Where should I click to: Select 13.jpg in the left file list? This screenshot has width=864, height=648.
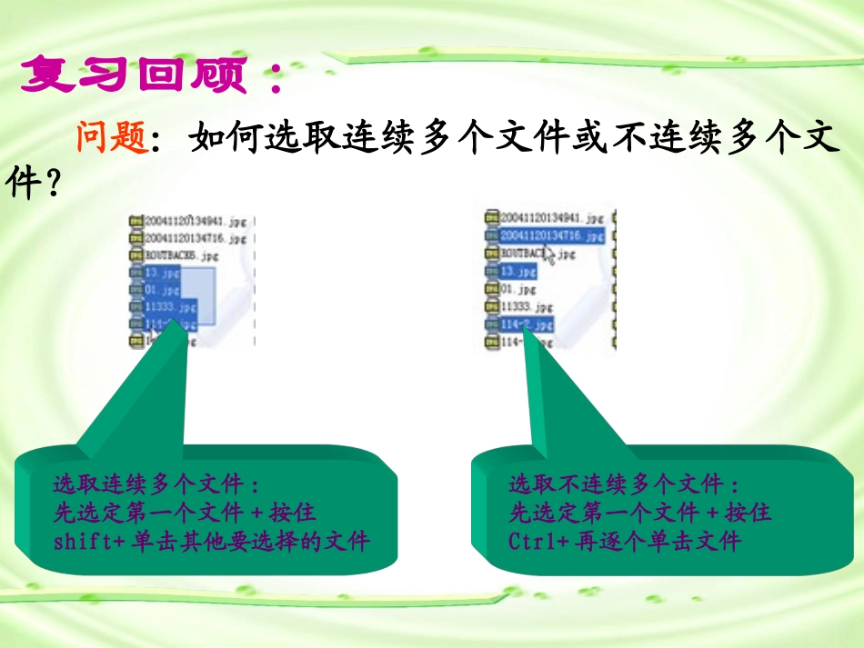coord(161,273)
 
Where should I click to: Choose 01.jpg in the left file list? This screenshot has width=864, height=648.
coord(161,290)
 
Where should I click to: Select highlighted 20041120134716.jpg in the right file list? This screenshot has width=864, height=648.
coord(550,235)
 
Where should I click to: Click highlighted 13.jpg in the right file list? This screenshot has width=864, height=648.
coord(519,271)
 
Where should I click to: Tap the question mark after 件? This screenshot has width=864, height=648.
coord(53,186)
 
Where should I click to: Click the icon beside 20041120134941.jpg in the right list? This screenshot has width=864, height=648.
coord(491,218)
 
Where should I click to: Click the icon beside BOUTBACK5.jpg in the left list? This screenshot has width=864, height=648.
coord(136,255)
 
